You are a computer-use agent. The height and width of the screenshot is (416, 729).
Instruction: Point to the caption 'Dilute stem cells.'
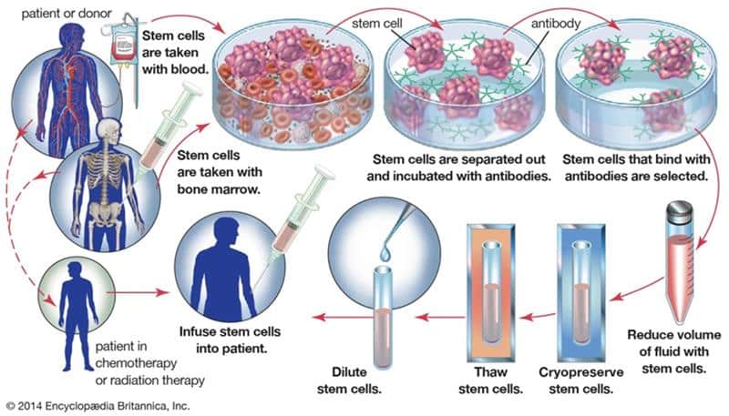(x=382, y=378)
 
